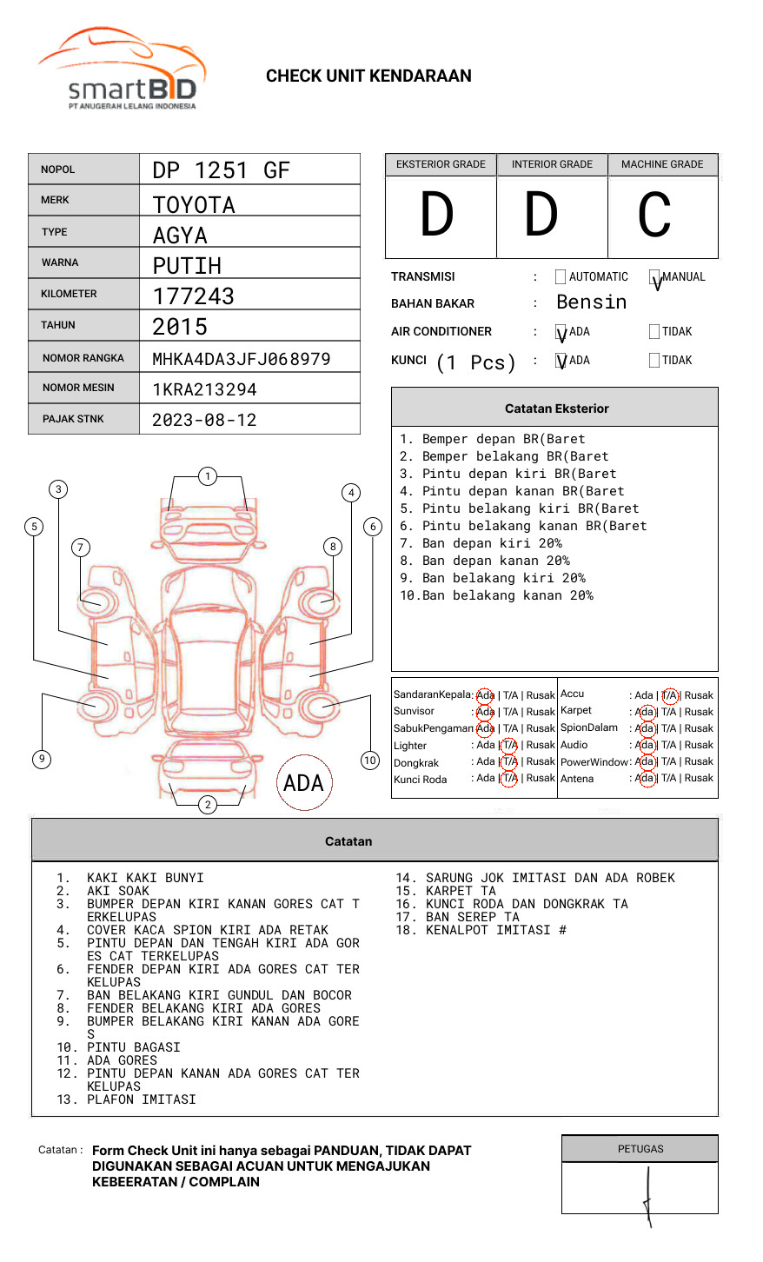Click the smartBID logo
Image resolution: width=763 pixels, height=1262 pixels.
122,70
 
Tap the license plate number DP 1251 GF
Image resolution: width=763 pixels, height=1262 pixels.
221,170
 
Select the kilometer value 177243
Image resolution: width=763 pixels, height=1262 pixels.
193,296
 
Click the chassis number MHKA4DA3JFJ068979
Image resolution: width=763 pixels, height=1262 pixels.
241,359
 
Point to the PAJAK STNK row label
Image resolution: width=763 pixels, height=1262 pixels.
73,419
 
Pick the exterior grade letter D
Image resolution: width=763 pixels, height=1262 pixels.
437,215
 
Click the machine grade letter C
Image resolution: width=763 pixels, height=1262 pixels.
654,215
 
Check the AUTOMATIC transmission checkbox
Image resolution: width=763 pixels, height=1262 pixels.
561,277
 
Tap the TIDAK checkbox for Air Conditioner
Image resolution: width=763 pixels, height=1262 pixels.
654,331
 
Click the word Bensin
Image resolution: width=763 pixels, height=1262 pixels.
591,302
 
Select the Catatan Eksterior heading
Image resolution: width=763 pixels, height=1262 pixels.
556,408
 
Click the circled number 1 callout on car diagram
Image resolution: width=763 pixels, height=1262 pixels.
207,475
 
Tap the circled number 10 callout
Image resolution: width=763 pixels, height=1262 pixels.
370,761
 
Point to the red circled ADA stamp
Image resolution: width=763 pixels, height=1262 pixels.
303,783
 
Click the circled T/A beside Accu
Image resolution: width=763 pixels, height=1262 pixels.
669,695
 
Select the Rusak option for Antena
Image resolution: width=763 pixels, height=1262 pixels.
699,778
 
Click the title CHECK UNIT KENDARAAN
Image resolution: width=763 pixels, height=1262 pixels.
368,76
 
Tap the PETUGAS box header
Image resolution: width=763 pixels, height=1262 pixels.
640,1149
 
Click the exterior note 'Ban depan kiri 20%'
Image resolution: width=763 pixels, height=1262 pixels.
480,543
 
